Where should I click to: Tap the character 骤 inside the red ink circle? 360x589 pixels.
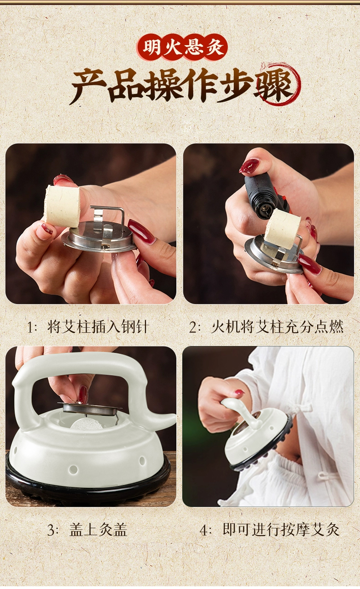tap(275, 86)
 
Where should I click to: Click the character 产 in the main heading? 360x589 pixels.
tap(89, 86)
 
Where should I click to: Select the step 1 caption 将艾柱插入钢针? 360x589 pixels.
tap(98, 327)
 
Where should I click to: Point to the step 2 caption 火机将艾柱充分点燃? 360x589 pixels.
tap(277, 327)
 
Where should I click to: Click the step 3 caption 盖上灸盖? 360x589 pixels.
tap(98, 530)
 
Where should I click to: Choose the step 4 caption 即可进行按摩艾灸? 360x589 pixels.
tap(281, 530)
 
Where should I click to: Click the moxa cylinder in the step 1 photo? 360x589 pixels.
tap(62, 206)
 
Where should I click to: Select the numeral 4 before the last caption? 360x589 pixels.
tap(203, 530)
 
